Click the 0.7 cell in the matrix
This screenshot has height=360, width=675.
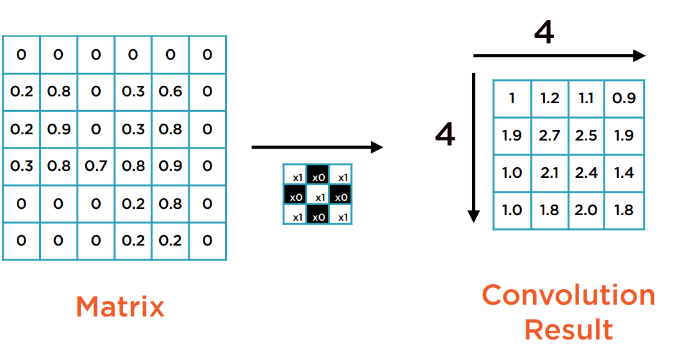[x=96, y=166]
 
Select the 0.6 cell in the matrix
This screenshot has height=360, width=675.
[x=170, y=91]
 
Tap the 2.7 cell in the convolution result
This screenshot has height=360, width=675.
[x=549, y=136]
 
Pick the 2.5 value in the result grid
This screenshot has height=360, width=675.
[x=586, y=136]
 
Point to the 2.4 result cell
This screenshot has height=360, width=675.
[x=586, y=173]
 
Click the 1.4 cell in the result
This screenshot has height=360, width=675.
[x=623, y=173]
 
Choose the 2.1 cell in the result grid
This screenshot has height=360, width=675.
[x=549, y=173]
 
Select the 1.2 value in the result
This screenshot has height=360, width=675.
[x=549, y=98]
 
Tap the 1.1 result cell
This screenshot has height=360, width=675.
[x=586, y=98]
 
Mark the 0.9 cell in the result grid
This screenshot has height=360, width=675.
[x=623, y=98]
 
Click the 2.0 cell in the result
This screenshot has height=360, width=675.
[x=586, y=210]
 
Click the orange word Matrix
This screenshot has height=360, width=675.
[x=120, y=307]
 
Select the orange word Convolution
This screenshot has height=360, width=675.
[x=568, y=295]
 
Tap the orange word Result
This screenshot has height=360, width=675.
[x=568, y=329]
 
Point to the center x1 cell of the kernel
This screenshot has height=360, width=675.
[x=318, y=197]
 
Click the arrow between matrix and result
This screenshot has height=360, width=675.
[x=317, y=147]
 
